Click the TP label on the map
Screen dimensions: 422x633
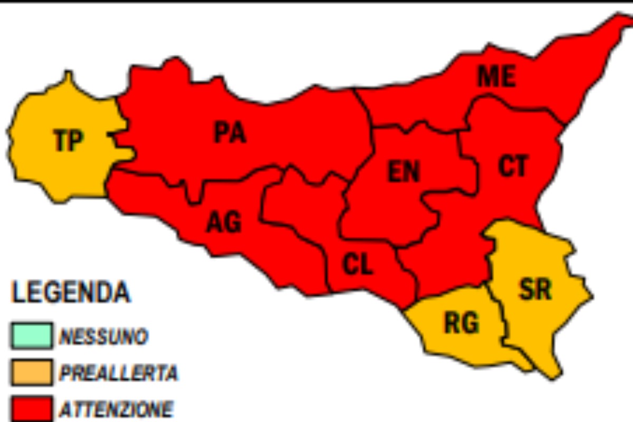click(69, 141)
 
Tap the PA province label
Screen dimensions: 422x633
click(230, 132)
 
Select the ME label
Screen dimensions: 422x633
click(496, 76)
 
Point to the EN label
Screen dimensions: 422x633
click(404, 171)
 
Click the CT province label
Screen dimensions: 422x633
click(513, 166)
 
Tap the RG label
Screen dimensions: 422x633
click(462, 323)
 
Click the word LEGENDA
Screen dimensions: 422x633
click(71, 293)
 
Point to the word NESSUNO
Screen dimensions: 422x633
click(103, 337)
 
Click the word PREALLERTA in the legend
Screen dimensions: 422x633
click(119, 373)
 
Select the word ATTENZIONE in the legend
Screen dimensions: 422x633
click(116, 409)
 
